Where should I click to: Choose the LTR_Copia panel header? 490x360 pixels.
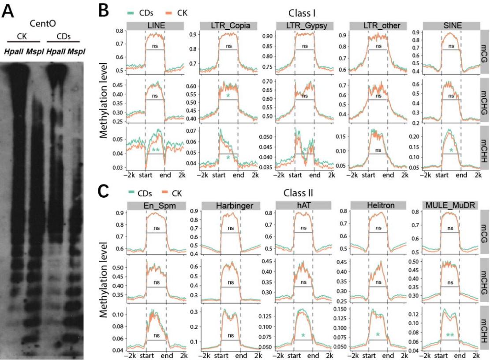tap(228, 26)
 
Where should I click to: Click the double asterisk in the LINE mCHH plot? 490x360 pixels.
tap(155, 151)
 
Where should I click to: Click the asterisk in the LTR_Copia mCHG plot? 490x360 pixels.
tap(228, 96)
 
